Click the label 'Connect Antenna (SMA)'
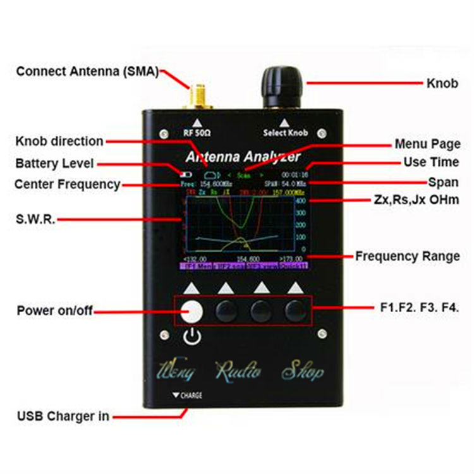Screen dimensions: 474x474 [x=87, y=70]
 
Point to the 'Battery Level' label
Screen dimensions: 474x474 [x=54, y=164]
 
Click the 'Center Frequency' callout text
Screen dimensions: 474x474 [x=67, y=185]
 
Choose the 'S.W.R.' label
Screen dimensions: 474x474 [x=36, y=220]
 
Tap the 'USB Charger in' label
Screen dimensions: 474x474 [x=63, y=416]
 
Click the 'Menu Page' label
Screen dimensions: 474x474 [x=427, y=144]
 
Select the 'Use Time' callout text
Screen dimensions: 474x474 [x=432, y=162]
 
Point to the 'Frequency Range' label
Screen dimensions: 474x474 [x=407, y=256]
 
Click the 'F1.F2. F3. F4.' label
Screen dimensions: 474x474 [x=420, y=308]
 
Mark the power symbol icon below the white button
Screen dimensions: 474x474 [x=191, y=337]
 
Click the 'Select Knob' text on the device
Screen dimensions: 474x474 [x=285, y=133]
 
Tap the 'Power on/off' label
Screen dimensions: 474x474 [x=54, y=310]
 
